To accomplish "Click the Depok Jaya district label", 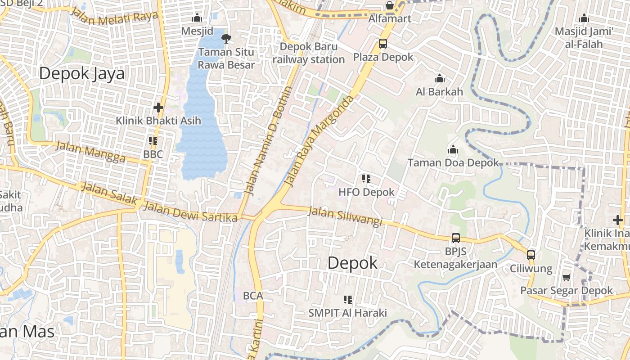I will (x=81, y=73).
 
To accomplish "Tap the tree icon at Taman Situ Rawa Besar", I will (x=226, y=38).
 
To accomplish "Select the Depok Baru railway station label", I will (x=309, y=53).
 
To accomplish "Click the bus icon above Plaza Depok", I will (x=382, y=44).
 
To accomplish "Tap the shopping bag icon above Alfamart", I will (x=389, y=6).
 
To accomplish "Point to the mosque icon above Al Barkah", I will (x=440, y=79).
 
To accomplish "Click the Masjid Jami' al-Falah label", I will (x=584, y=38).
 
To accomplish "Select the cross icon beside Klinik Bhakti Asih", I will (x=158, y=108).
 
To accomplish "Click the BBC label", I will (x=153, y=154).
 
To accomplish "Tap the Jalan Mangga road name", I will (x=90, y=152).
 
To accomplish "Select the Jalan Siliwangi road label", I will (x=345, y=216).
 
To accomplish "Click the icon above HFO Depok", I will (x=366, y=179).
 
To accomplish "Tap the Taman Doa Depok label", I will (x=453, y=163).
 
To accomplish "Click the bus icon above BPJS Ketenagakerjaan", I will (x=455, y=238).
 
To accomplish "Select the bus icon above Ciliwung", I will (x=531, y=255).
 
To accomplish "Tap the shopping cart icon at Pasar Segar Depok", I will (x=566, y=277).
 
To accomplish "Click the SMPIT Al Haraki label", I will (x=347, y=313).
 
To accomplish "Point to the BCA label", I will (x=252, y=296).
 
